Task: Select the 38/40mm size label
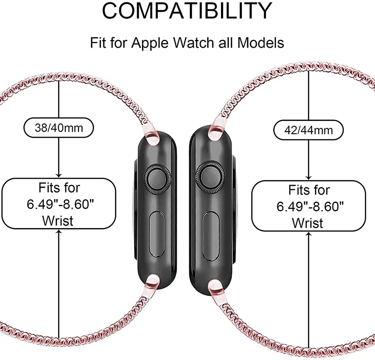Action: (59, 128)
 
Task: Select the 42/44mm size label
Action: (308, 129)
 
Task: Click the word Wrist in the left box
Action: (58, 220)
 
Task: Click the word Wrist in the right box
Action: (307, 223)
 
